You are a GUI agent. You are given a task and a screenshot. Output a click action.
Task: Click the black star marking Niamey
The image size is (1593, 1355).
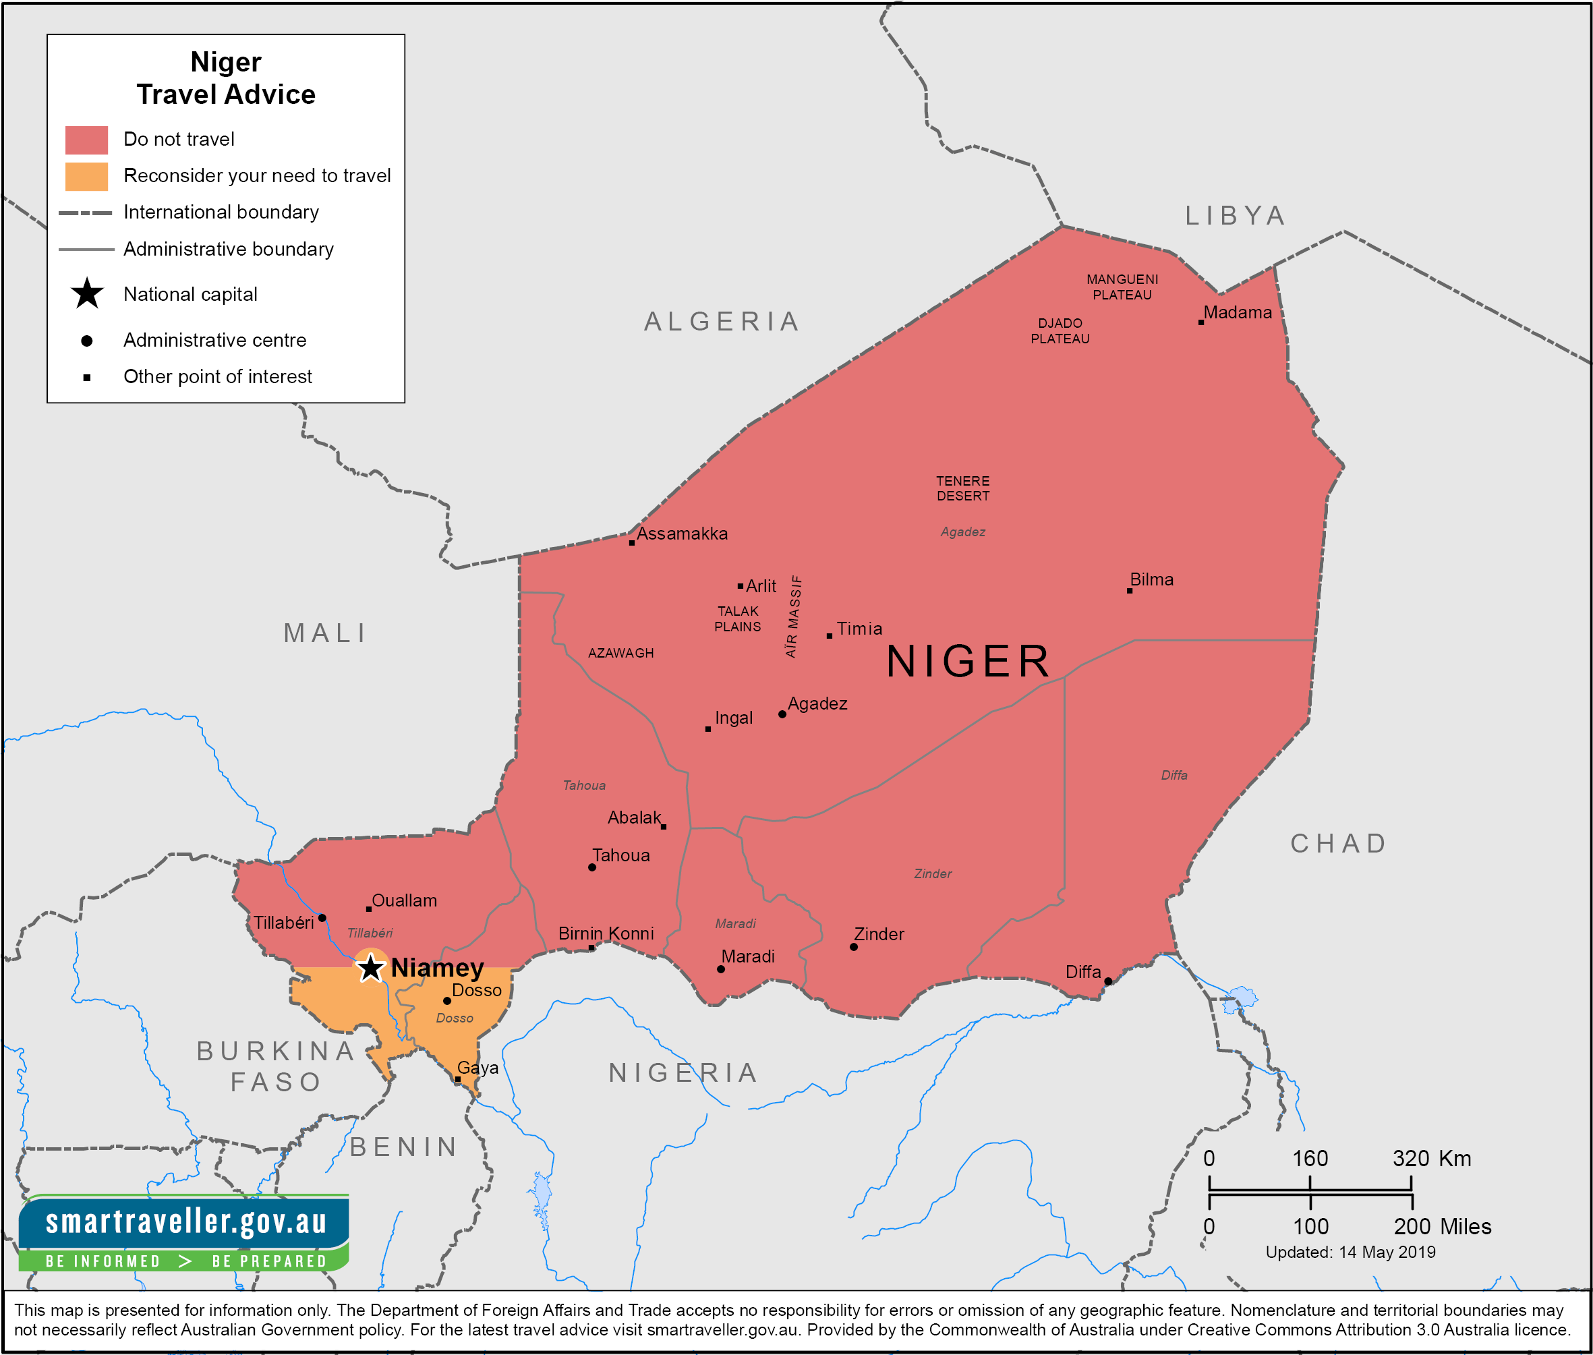click(x=371, y=968)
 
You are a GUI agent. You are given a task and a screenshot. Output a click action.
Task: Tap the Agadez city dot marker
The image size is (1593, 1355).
click(x=782, y=714)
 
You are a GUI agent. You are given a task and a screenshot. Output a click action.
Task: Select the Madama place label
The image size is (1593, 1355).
click(x=1238, y=313)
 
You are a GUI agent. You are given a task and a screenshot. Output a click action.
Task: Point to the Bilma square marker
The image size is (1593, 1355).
click(x=1129, y=591)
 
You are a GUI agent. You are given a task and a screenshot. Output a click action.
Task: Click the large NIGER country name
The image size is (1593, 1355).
click(x=968, y=662)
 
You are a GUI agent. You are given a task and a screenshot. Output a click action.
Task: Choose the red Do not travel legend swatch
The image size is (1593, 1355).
click(x=86, y=140)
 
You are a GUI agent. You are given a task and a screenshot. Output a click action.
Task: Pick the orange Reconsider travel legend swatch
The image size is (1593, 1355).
click(x=86, y=176)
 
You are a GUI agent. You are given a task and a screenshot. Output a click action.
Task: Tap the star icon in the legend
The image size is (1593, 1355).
click(x=87, y=293)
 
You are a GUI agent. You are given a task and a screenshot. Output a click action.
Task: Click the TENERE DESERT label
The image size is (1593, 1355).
click(x=962, y=488)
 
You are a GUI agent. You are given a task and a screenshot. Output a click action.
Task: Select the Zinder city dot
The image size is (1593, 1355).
click(x=853, y=947)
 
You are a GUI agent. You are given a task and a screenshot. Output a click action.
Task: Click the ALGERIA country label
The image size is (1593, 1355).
click(x=722, y=321)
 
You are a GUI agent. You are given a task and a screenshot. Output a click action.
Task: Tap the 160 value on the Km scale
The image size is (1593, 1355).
click(x=1310, y=1158)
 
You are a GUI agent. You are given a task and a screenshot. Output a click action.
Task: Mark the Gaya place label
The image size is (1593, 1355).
click(x=477, y=1068)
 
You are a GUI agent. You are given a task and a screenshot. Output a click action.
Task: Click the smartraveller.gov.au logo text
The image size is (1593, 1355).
click(x=186, y=1222)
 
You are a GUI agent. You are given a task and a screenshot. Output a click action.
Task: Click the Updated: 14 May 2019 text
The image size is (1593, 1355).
click(x=1350, y=1252)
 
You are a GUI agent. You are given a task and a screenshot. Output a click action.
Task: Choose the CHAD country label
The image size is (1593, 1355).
click(x=1338, y=843)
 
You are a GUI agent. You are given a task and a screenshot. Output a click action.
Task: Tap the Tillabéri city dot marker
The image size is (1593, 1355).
click(x=322, y=918)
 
